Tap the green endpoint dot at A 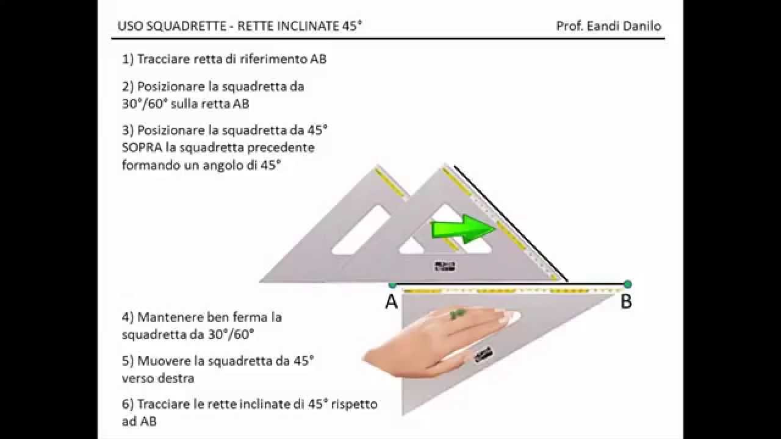(392, 284)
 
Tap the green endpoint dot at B (628, 284)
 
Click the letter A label (392, 302)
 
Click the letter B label (626, 302)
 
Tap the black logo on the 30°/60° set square (482, 355)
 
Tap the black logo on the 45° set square (445, 266)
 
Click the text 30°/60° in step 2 (145, 104)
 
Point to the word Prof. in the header (570, 26)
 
